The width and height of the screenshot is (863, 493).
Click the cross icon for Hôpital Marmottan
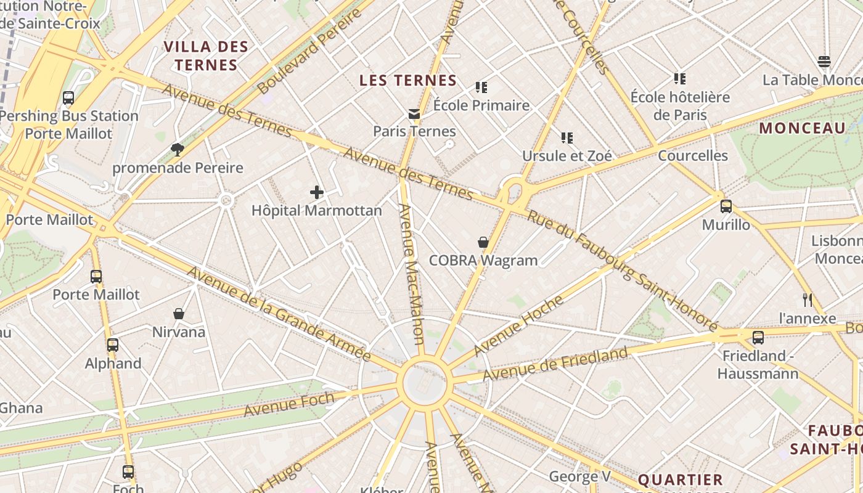[317, 192]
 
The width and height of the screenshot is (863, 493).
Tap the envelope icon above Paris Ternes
[414, 113]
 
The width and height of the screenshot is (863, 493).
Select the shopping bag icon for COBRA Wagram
[483, 242]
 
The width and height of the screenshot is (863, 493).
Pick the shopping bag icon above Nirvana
[179, 314]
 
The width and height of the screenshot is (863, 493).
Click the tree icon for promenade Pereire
[178, 149]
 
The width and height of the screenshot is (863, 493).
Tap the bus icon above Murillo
[726, 206]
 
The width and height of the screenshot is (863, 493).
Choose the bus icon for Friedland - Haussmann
[758, 338]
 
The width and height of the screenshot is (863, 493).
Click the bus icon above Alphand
[113, 345]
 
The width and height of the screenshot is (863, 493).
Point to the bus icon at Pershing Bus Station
[68, 98]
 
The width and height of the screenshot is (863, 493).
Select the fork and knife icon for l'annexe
[808, 300]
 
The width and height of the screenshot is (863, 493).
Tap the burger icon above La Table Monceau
[824, 62]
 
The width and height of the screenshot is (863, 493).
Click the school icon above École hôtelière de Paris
[680, 79]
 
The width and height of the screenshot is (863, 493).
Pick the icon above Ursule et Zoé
[567, 138]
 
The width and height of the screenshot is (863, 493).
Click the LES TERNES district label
[408, 80]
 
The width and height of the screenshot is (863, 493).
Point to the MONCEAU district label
[802, 128]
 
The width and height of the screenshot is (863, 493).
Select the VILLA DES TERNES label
[206, 55]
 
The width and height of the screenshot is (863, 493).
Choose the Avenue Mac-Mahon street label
[411, 274]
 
